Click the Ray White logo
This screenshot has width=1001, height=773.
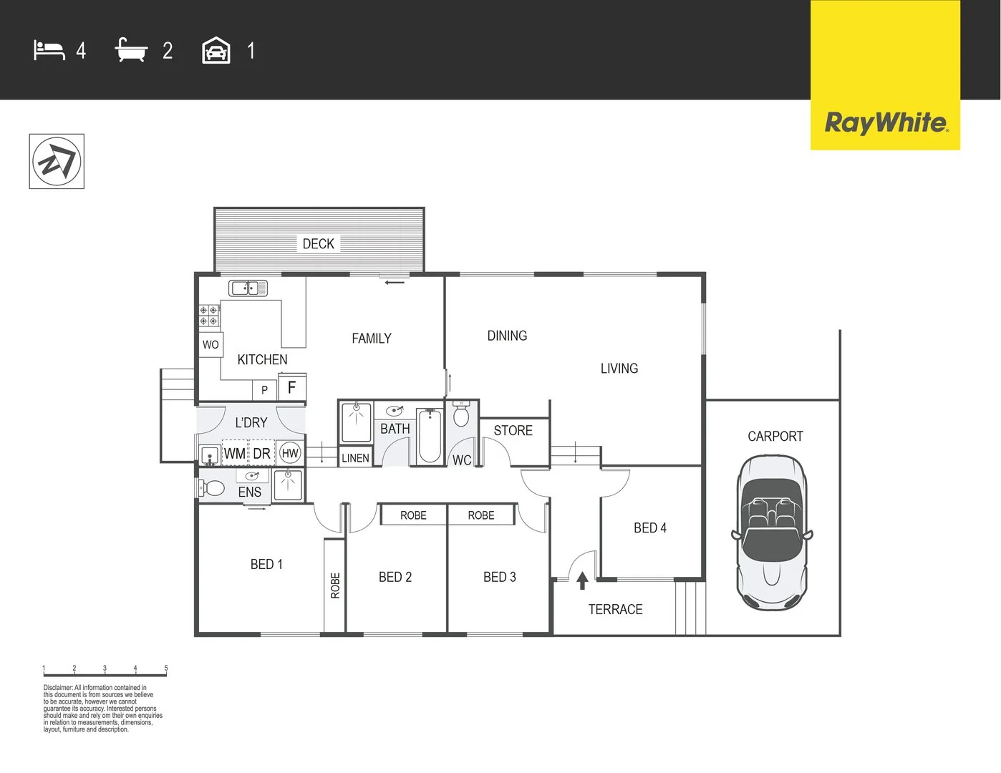pos(885,123)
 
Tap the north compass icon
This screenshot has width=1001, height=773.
pos(57,162)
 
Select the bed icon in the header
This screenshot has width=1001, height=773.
pos(49,51)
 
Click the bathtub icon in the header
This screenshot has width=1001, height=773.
pos(131,51)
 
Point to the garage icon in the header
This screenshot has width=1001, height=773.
pos(216,51)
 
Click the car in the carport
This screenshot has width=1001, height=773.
pos(772,533)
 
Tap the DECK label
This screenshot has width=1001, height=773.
pos(318,244)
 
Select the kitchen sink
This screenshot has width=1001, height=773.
pos(248,288)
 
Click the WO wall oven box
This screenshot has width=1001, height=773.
pos(211,344)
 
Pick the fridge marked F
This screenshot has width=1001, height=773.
pos(292,387)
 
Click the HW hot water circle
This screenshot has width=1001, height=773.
pos(290,453)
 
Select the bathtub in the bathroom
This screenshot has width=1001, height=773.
pos(430,436)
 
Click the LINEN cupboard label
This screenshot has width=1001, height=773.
pos(355,458)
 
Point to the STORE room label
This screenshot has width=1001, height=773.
pos(513,431)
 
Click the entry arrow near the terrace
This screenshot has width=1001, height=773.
pos(582,580)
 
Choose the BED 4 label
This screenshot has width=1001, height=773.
pos(649,528)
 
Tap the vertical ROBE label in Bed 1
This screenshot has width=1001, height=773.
pos(335,585)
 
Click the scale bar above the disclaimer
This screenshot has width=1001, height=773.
pos(105,674)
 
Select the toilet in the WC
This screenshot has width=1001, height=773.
pos(461,416)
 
